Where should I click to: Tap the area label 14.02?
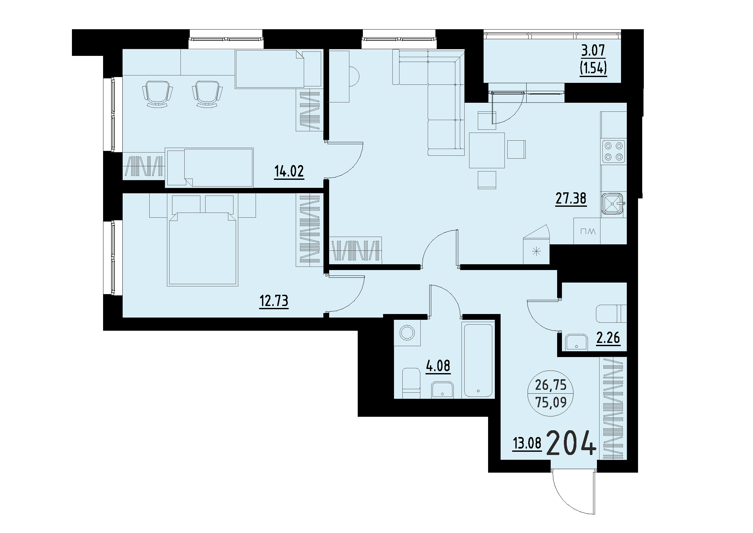[x=289, y=171]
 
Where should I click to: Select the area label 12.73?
[x=274, y=301]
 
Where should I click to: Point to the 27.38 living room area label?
[x=571, y=198]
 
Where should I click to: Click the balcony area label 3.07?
[x=593, y=51]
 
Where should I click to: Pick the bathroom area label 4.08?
[x=438, y=366]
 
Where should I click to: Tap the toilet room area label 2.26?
[x=608, y=337]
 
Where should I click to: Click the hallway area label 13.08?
[x=527, y=444]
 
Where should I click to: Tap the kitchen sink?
[x=612, y=205]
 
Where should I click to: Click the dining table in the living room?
[x=487, y=150]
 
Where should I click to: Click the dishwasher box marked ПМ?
[x=588, y=232]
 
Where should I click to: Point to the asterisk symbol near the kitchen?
[x=537, y=252]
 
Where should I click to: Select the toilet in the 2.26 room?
[x=610, y=313]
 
